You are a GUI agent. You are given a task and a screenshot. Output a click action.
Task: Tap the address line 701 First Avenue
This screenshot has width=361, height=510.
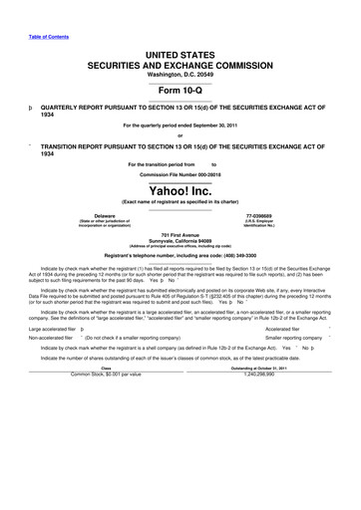point(180,234)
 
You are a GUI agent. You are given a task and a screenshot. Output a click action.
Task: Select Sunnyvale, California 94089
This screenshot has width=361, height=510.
point(180,240)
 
